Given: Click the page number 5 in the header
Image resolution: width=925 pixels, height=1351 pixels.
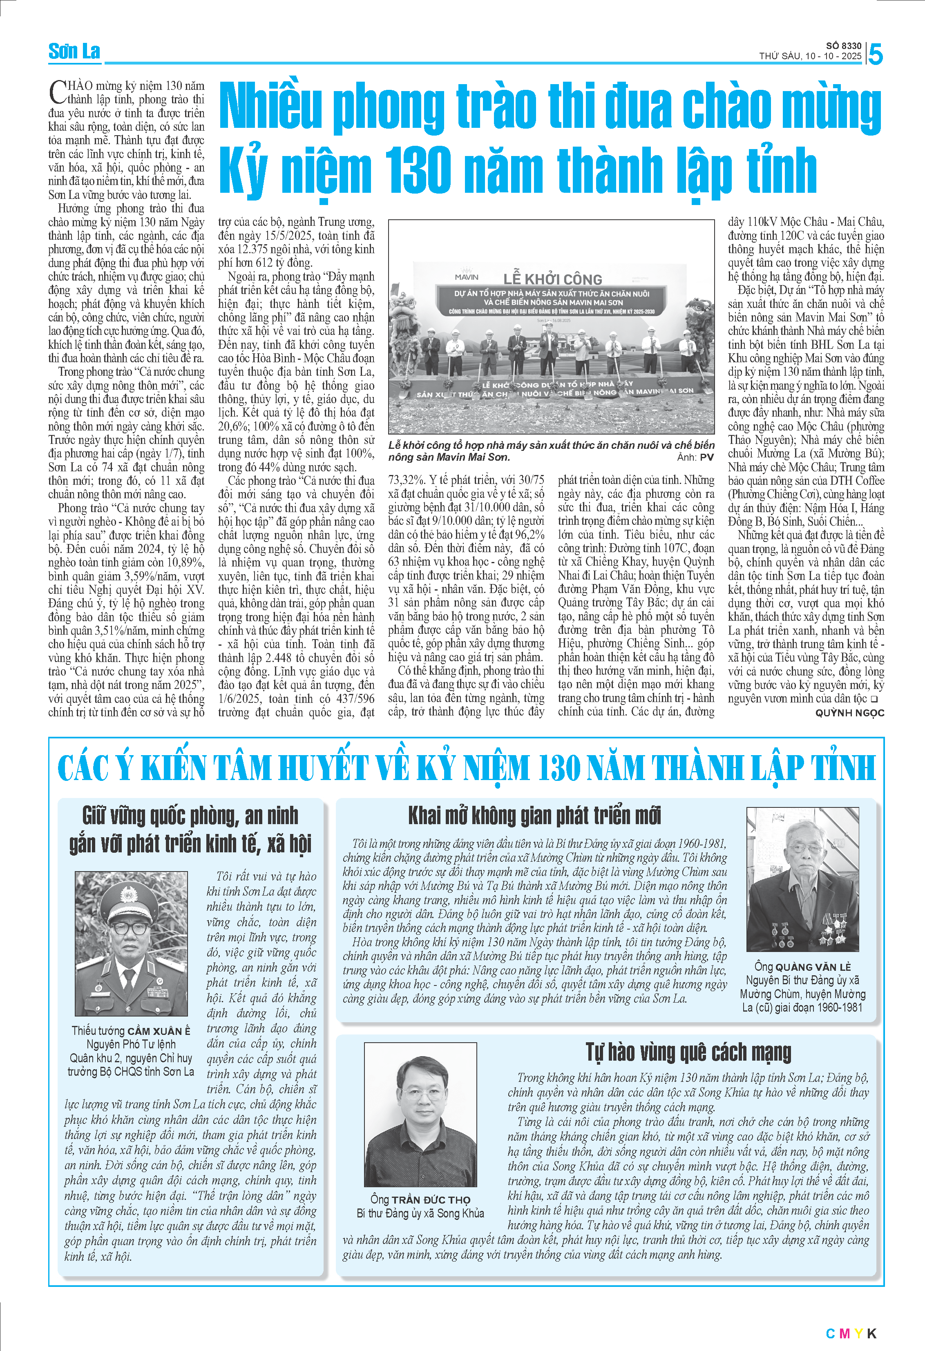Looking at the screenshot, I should (x=875, y=55).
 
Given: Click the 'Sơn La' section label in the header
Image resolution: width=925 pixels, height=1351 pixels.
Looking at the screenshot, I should (x=74, y=52).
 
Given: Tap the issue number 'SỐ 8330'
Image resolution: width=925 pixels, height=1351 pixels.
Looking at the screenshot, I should (x=844, y=46).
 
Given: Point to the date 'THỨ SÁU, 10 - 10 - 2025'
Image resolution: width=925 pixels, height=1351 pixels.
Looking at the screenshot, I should (x=810, y=56).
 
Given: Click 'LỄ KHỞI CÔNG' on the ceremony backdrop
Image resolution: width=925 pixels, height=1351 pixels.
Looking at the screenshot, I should (x=552, y=279).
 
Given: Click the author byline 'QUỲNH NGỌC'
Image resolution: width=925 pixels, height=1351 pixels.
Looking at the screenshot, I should (x=849, y=713).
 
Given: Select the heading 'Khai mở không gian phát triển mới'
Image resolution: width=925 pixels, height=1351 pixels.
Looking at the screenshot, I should (x=534, y=816).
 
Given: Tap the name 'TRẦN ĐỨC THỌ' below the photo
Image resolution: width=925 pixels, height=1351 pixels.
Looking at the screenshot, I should (x=431, y=1199).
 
